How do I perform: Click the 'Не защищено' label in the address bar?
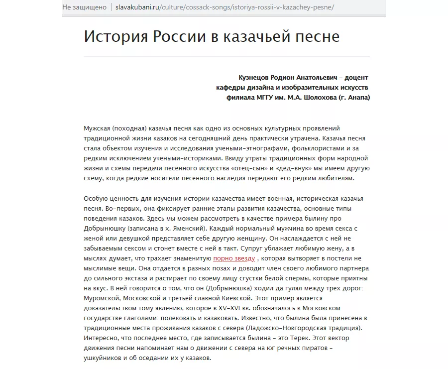pyautogui.click(x=85, y=7)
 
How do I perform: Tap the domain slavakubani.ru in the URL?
pyautogui.click(x=137, y=7)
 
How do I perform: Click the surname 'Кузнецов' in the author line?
pyautogui.click(x=254, y=78)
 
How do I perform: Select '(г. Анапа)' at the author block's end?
pyautogui.click(x=354, y=98)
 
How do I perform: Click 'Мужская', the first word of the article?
pyautogui.click(x=98, y=128)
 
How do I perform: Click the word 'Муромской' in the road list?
pyautogui.click(x=101, y=299)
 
